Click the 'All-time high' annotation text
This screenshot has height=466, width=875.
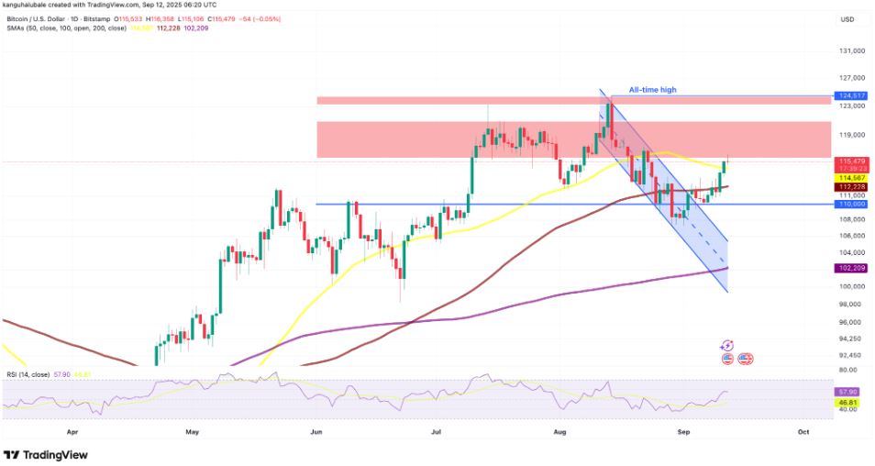(x=652, y=90)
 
